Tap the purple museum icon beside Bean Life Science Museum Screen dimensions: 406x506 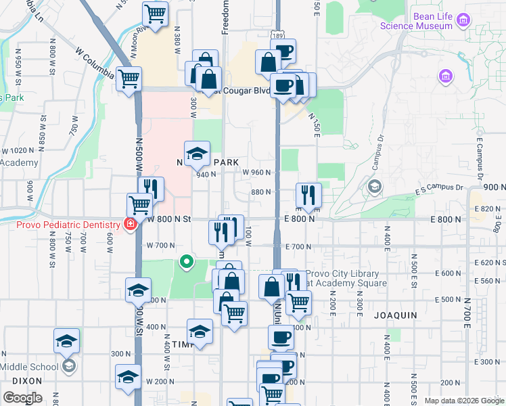(x=463, y=20)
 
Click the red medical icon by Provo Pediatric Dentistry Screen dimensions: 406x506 (x=129, y=224)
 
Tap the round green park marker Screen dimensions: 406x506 (x=186, y=261)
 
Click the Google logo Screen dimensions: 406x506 (x=22, y=398)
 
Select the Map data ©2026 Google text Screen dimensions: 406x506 (x=463, y=401)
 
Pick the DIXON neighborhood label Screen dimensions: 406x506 (x=27, y=380)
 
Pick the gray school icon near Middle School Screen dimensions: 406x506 (x=68, y=366)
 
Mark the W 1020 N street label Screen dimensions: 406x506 (x=18, y=151)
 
